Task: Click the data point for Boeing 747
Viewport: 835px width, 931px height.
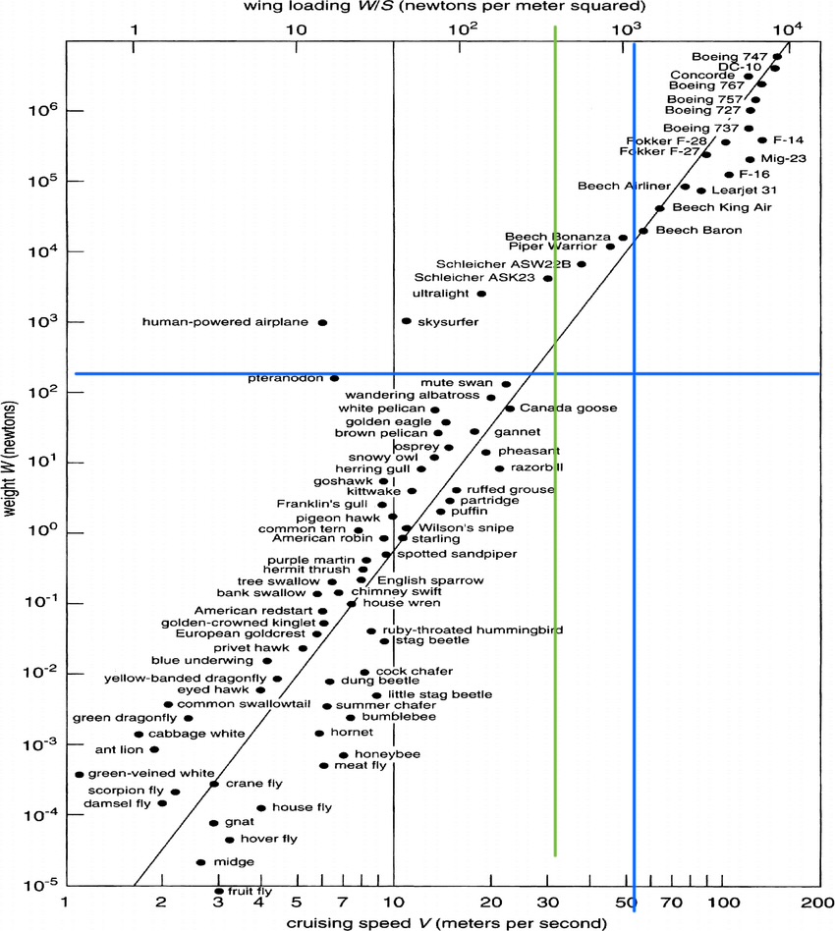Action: point(777,57)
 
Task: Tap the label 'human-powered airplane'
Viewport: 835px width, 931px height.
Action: point(225,322)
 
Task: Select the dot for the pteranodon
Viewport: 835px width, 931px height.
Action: point(334,378)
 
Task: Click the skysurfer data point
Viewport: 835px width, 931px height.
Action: point(407,321)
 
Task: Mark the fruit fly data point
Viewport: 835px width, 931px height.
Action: point(219,892)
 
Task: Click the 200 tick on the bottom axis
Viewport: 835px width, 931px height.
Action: point(810,902)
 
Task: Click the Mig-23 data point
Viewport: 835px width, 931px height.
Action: point(751,159)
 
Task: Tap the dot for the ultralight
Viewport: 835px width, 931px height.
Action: point(481,294)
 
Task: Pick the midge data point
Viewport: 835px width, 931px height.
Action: point(200,862)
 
